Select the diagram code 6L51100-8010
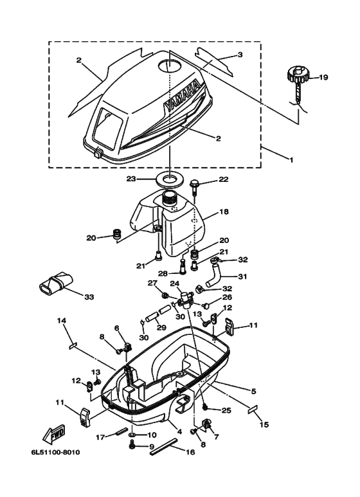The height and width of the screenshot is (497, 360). click(55, 452)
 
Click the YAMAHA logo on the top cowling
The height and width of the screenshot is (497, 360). click(182, 96)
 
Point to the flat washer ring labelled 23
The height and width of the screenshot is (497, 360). click(168, 179)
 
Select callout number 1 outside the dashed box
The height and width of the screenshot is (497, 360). click(291, 159)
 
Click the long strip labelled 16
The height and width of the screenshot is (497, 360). click(165, 446)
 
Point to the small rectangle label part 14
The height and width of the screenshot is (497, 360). click(73, 346)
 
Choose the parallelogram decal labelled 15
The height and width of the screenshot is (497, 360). click(253, 409)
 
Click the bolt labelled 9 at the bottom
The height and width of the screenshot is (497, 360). click(132, 446)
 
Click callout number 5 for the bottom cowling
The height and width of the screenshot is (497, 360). click(253, 392)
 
